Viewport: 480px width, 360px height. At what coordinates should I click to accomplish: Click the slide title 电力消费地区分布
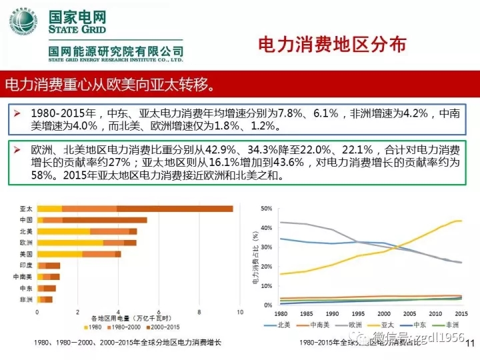(331, 45)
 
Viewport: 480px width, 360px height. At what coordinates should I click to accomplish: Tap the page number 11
(468, 344)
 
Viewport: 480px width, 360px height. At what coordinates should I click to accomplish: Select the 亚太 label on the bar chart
(27, 209)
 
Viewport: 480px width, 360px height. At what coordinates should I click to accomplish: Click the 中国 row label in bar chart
(27, 220)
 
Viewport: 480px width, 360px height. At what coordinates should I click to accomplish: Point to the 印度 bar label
(27, 265)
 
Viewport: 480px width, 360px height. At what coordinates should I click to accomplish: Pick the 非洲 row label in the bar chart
(27, 299)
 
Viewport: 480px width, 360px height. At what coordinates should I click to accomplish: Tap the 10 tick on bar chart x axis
(239, 311)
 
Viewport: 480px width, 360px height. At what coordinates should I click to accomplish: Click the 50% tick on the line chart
(267, 209)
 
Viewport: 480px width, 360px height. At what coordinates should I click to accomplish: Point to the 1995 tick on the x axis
(358, 313)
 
